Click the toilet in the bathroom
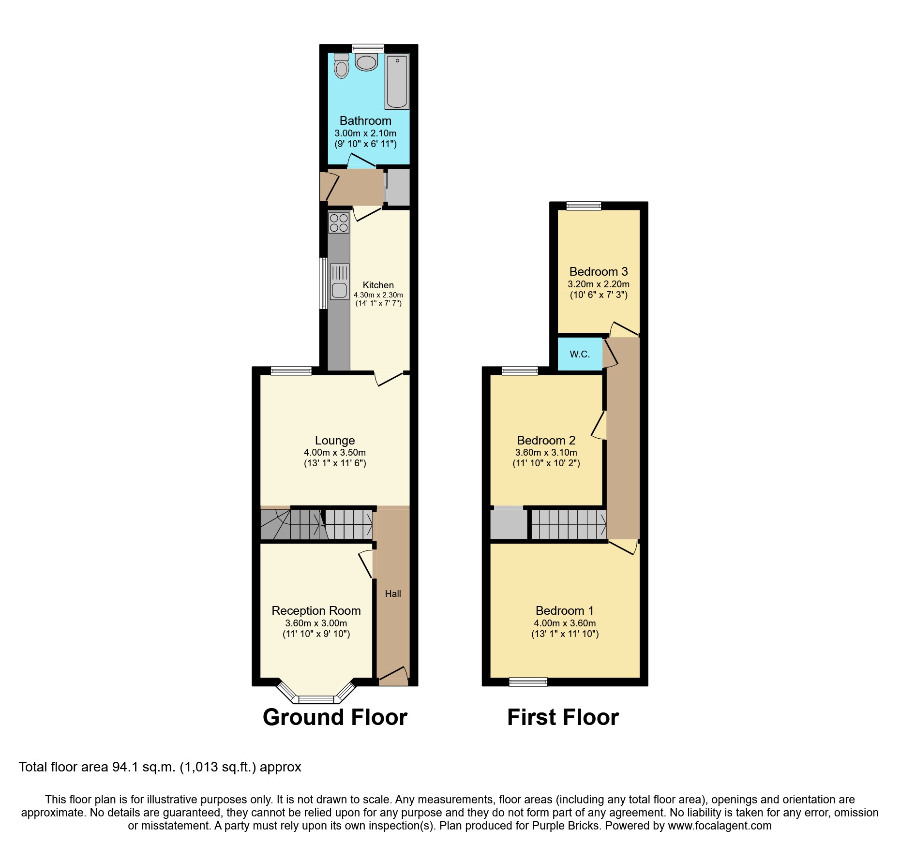(342, 66)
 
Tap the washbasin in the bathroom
(366, 62)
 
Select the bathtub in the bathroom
(397, 81)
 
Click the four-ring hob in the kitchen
(339, 223)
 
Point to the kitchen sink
(339, 282)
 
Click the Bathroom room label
(365, 121)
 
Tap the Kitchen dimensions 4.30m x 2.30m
(378, 295)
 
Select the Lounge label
(335, 441)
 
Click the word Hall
(393, 594)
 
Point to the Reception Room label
(316, 611)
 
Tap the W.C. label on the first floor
(580, 355)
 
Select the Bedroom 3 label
(599, 272)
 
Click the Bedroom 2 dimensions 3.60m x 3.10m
(546, 453)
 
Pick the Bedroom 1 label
(564, 611)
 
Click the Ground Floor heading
(335, 717)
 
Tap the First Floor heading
(563, 717)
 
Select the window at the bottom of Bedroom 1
(528, 682)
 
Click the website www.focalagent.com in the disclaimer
(720, 826)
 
